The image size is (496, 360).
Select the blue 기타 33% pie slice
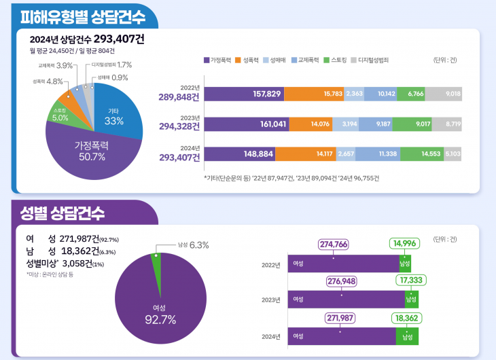pos(114,116)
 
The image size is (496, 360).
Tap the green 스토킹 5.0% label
pos(60,114)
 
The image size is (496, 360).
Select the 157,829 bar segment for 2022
pos(249,94)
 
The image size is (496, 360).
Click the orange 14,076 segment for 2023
pos(319,124)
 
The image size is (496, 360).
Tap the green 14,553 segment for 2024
pos(422,154)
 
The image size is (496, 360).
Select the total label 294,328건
pos(179,126)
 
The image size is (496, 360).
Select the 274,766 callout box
pos(333,244)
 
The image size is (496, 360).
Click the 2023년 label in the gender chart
pos(270,299)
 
